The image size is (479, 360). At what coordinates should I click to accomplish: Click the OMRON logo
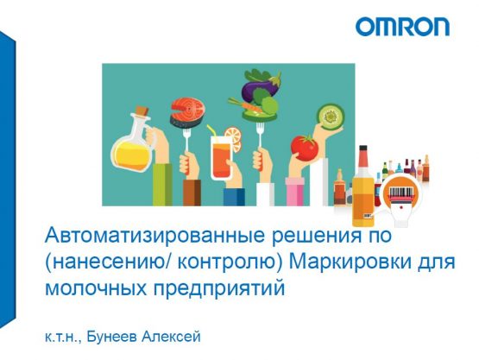[x=402, y=27]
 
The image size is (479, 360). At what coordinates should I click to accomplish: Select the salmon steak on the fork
[x=186, y=111]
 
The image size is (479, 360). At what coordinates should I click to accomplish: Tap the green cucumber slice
[x=329, y=116]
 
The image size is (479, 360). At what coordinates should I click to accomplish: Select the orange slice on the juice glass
[x=233, y=139]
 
